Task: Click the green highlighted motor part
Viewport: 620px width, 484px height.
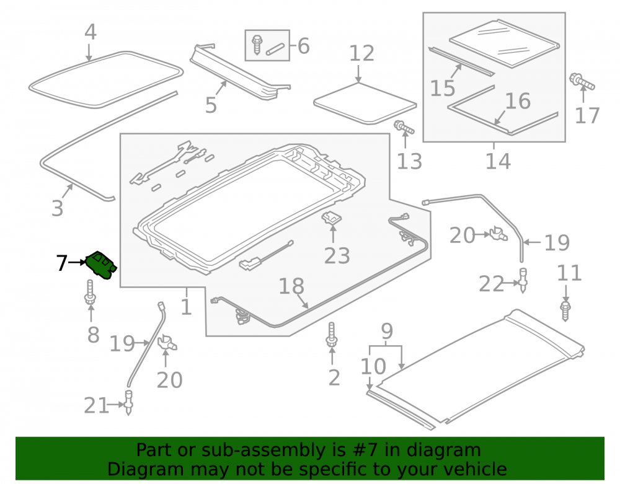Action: coord(101,265)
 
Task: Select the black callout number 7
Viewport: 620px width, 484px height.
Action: coord(61,263)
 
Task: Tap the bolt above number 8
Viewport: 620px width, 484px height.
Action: coord(91,293)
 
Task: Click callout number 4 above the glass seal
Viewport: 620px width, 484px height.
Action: coord(91,32)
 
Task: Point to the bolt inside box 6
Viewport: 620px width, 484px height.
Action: coord(257,44)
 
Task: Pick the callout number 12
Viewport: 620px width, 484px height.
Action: coord(361,53)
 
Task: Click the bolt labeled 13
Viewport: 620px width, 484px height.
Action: coord(404,127)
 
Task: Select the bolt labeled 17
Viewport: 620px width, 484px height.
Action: coord(582,82)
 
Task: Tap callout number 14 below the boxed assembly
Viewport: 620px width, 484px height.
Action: coord(498,161)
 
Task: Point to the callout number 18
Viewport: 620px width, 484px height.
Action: coord(291,286)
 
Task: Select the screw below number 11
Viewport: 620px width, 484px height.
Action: coord(565,310)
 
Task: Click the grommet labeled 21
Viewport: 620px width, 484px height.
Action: coord(128,402)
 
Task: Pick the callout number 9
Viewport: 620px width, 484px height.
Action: coord(387,331)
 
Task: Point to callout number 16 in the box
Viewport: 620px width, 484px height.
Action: coord(518,101)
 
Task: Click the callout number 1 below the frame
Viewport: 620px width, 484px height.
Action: coord(186,307)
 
